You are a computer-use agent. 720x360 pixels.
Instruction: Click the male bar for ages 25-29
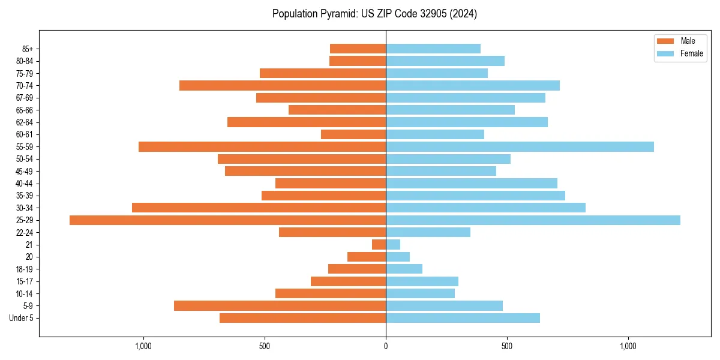(228, 220)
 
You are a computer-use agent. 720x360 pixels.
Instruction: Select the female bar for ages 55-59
(520, 147)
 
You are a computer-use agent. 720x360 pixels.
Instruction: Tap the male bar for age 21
(379, 245)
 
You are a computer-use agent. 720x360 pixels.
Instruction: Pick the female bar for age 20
(398, 257)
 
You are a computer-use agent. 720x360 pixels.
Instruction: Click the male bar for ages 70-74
(283, 86)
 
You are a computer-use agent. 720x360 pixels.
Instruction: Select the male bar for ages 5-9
(280, 306)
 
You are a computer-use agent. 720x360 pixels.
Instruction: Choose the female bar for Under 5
(463, 318)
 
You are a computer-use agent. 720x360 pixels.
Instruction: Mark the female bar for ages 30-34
(485, 208)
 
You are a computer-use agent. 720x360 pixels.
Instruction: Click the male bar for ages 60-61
(353, 134)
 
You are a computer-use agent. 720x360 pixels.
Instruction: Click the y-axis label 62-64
(25, 122)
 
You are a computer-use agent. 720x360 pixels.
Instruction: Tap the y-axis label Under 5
(22, 318)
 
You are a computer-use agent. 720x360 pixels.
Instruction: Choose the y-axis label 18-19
(25, 269)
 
